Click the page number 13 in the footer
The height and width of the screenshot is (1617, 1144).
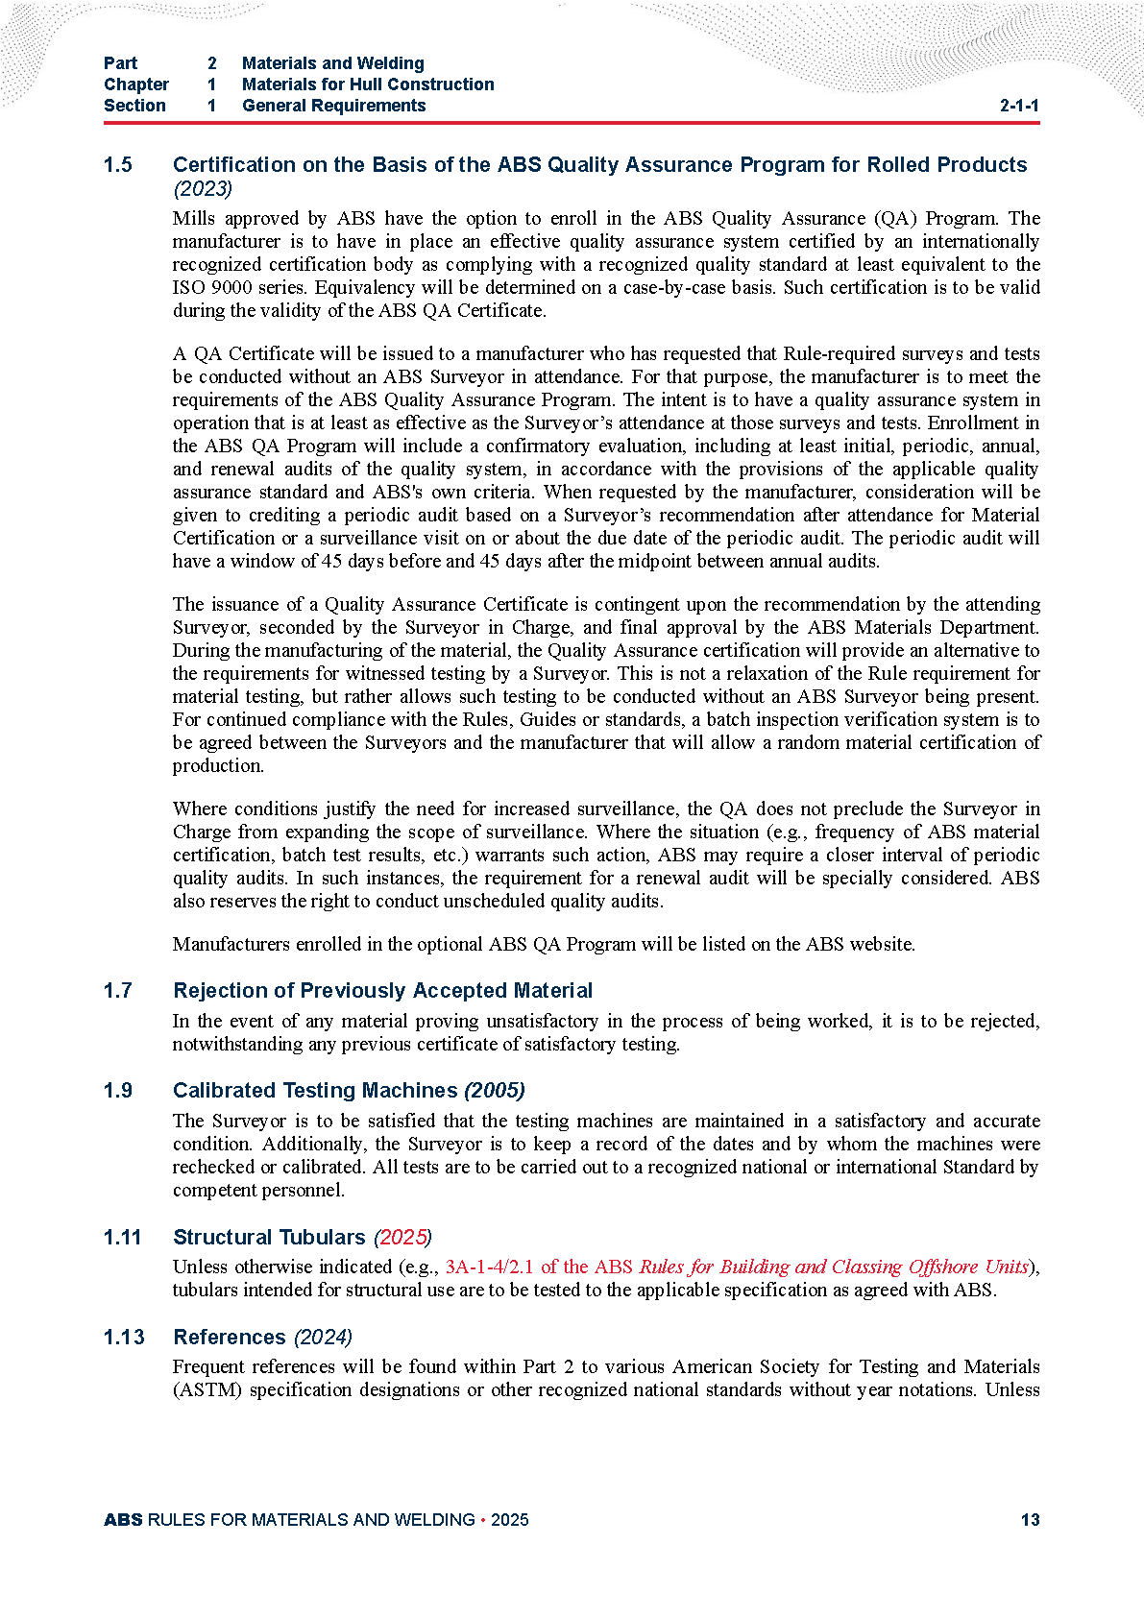coord(1030,1520)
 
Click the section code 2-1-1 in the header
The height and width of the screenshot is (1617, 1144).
coord(1019,106)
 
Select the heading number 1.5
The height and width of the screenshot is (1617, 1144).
coord(118,165)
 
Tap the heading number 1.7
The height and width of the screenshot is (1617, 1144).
coord(118,991)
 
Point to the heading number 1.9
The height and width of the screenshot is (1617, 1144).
coord(118,1091)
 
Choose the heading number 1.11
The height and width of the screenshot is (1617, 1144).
coord(122,1238)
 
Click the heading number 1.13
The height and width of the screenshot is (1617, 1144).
coord(124,1338)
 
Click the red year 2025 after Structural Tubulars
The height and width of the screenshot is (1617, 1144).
coord(402,1238)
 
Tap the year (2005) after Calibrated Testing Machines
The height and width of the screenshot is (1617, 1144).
coord(494,1091)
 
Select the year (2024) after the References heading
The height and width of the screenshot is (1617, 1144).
coord(323,1338)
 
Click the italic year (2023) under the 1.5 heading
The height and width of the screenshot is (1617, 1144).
coord(203,188)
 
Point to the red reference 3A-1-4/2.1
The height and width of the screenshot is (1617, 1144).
coord(490,1267)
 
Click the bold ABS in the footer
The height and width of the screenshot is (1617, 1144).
coord(123,1520)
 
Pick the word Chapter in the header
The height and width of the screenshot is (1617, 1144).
coord(136,84)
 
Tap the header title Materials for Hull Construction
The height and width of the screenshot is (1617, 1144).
coord(368,84)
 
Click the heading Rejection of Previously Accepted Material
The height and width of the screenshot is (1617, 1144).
coord(382,991)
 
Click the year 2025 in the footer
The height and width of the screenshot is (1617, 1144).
coord(509,1520)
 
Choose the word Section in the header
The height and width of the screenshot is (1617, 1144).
coord(134,106)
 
